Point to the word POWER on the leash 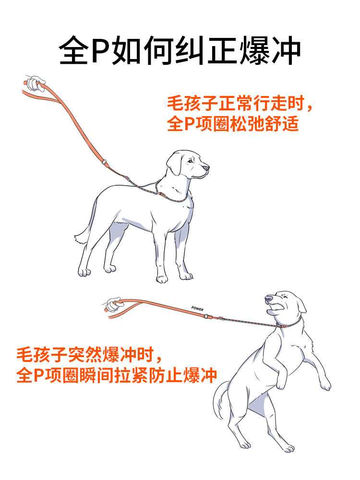pyautogui.click(x=197, y=309)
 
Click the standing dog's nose pyautogui.click(x=206, y=168)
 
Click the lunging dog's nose pyautogui.click(x=269, y=298)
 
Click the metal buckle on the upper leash pyautogui.click(x=105, y=162)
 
